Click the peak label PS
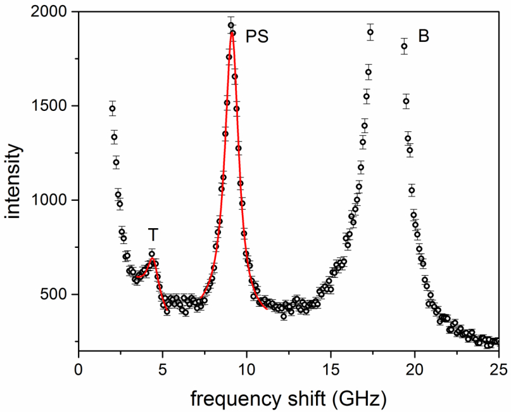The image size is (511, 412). (x=257, y=36)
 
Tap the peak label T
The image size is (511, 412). (x=153, y=235)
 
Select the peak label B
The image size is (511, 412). (x=424, y=36)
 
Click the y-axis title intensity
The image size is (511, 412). (x=16, y=181)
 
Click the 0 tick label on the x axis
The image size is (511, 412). (x=79, y=368)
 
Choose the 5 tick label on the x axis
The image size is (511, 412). (x=163, y=368)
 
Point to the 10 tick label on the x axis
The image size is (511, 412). (x=247, y=368)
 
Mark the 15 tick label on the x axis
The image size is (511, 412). (x=331, y=368)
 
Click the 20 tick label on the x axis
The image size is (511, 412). (x=415, y=368)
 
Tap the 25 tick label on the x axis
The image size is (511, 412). (x=498, y=368)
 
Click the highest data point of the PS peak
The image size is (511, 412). (x=231, y=25)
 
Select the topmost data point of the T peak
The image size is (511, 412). (x=152, y=254)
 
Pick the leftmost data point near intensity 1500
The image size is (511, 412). (x=112, y=108)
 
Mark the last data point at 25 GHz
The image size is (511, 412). (x=497, y=341)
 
